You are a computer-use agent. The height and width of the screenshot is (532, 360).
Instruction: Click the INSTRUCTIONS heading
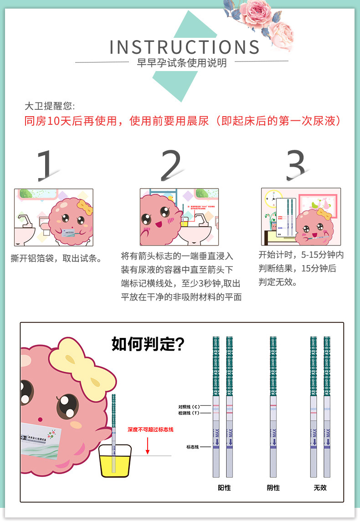point(185,47)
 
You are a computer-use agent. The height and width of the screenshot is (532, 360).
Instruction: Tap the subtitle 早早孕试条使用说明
point(182,63)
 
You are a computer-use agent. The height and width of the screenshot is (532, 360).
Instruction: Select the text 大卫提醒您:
point(48,106)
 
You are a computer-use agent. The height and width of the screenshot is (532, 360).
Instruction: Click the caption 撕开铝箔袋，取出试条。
point(56,258)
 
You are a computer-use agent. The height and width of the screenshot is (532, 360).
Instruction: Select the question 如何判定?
point(148,344)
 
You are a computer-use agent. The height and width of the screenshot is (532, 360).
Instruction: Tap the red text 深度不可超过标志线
point(150,430)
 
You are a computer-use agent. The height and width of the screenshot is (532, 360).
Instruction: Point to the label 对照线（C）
point(189,406)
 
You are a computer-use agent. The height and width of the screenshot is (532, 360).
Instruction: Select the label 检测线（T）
point(189,413)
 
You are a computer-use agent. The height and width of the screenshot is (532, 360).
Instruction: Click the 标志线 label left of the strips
point(192,447)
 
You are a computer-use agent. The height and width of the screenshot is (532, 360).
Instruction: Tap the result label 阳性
point(224,488)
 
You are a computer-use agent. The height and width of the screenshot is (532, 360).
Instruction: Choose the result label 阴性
point(273,488)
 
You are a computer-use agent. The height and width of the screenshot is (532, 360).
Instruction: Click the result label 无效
point(320,488)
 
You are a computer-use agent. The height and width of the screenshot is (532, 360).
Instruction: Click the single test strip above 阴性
point(273,405)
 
